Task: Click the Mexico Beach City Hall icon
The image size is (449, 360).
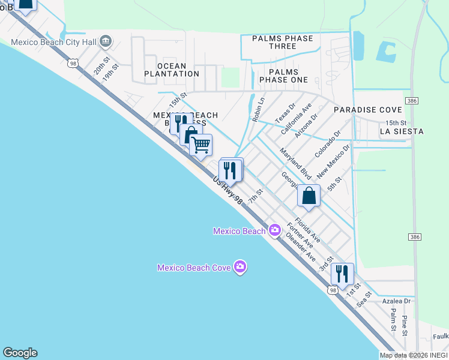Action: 106,41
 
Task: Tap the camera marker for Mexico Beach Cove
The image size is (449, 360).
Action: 240,267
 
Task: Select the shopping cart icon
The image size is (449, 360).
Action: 200,145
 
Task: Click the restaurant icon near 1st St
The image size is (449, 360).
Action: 342,274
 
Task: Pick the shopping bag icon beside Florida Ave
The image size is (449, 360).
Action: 309,196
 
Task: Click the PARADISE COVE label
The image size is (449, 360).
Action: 367,110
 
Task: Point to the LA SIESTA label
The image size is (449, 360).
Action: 402,131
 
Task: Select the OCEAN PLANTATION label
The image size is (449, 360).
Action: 172,70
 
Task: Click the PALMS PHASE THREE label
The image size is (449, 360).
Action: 282,42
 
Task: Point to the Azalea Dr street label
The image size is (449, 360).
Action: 397,301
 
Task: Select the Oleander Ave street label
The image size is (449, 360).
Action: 301,247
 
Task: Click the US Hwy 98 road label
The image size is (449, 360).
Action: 228,190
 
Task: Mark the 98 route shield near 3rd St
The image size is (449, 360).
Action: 333,290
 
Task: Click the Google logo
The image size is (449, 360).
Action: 20,353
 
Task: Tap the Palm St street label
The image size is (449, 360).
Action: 393,320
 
